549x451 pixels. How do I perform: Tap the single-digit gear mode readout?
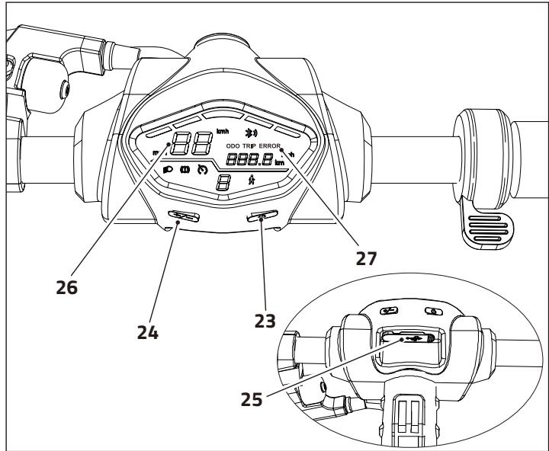pyautogui.click(x=223, y=183)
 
